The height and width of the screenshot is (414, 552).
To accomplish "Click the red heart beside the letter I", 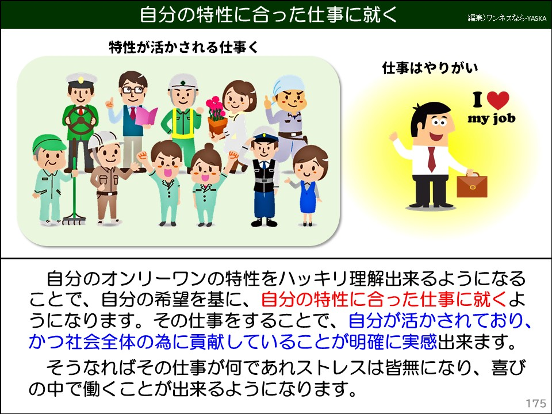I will pyautogui.click(x=498, y=100).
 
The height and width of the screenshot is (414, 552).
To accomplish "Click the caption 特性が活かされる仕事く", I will pyautogui.click(x=183, y=48).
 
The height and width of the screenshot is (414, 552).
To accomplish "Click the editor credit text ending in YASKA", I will pyautogui.click(x=506, y=18).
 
